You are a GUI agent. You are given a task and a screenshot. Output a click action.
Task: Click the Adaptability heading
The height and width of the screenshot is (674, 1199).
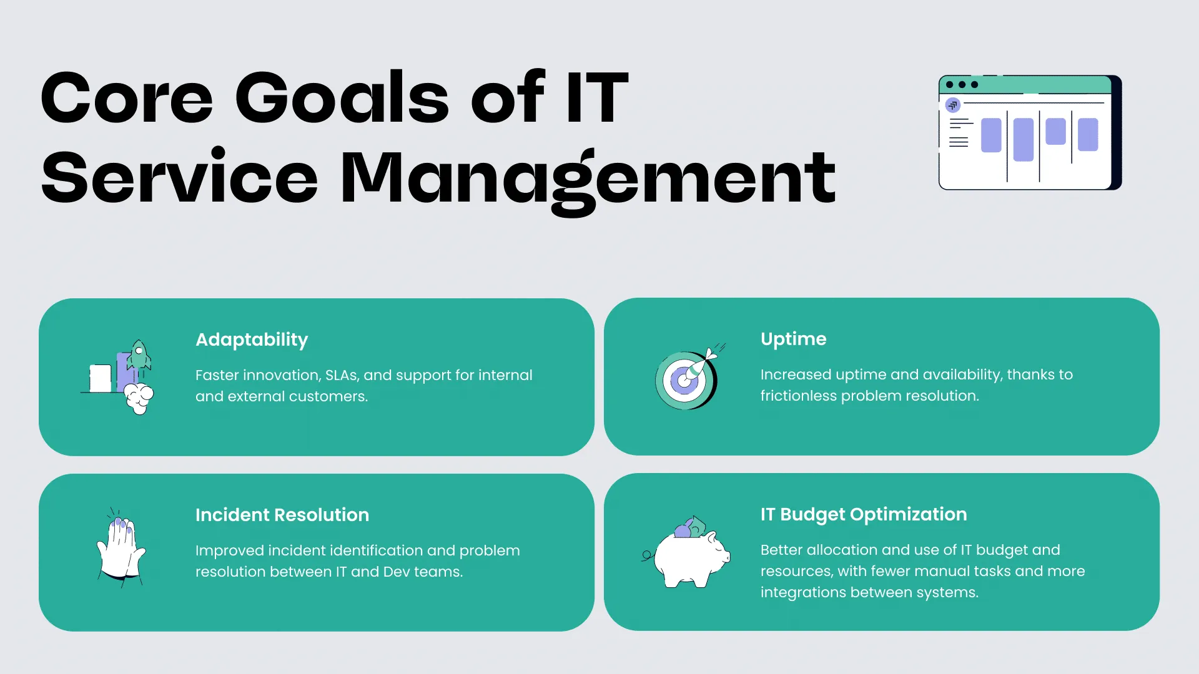252,340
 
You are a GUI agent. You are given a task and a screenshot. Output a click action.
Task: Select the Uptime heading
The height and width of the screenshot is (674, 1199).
793,339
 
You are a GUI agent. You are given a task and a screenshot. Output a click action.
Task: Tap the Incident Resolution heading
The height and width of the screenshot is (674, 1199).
282,515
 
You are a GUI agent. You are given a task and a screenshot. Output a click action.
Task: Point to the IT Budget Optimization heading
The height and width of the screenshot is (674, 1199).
864,515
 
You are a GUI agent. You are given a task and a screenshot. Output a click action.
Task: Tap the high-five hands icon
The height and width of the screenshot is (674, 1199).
121,547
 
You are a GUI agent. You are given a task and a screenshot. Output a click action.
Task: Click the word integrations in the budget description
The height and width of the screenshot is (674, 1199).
805,593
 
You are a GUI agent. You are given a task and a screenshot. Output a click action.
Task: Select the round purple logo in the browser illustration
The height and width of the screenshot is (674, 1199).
953,105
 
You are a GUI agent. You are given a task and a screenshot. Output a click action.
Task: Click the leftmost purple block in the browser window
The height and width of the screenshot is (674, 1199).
991,135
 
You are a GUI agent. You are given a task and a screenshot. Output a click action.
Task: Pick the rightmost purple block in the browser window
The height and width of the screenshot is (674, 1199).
1088,134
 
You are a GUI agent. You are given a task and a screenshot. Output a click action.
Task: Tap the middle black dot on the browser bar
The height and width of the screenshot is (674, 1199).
962,85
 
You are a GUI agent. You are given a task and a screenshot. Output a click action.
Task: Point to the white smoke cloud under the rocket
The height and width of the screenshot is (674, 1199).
139,399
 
